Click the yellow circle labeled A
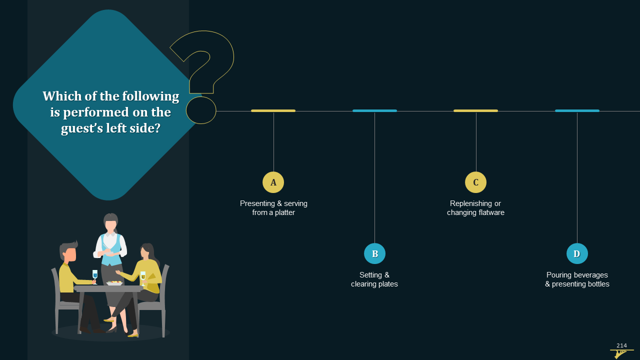coord(273,182)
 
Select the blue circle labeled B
coord(374,253)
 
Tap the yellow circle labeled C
coord(475,182)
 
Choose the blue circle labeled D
coord(577,253)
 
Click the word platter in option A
coord(284,213)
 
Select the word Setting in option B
coord(370,275)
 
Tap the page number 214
coord(621,345)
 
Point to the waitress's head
coord(110,221)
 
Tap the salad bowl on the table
coord(114,283)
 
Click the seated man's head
coord(68,251)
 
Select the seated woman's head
coord(147,251)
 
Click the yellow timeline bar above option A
coord(273,111)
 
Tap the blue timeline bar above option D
coord(577,111)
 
